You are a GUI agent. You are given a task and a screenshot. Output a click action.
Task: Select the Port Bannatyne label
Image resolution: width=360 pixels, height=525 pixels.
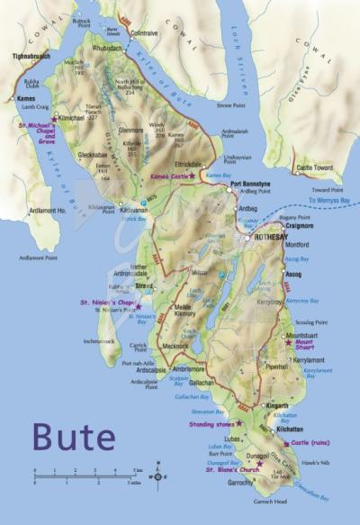(251, 184)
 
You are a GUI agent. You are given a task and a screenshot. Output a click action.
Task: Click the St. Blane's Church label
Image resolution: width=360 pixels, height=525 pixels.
(232, 469)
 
